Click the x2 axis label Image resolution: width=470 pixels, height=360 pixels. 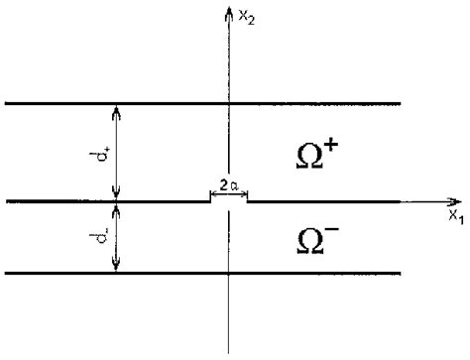245,17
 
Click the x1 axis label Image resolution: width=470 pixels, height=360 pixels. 455,215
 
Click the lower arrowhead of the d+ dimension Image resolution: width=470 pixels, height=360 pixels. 117,195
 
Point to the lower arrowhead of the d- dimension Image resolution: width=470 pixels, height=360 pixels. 117,266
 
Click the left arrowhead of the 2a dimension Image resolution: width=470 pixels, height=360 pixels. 212,193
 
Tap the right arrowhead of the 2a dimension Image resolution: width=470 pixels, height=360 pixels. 244,193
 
